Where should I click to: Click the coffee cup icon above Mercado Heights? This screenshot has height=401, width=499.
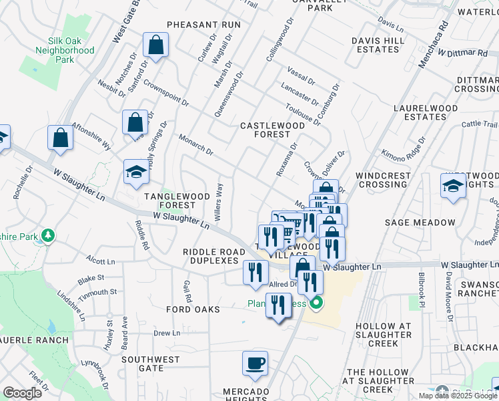(x=254, y=363)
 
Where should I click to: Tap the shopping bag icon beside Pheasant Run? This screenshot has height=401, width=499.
(x=156, y=45)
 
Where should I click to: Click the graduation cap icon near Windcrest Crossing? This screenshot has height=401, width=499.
(x=452, y=185)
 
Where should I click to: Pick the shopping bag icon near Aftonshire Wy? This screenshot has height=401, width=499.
(x=60, y=138)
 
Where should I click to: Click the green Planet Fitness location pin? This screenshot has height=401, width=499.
(x=316, y=303)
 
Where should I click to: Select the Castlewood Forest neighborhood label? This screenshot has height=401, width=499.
(x=272, y=130)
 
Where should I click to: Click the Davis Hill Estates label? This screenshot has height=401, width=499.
(x=378, y=45)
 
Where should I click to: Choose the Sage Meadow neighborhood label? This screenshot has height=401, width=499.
(x=430, y=223)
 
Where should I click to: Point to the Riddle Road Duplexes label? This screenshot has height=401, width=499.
(x=211, y=256)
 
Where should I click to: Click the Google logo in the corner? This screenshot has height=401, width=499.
(x=22, y=393)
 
